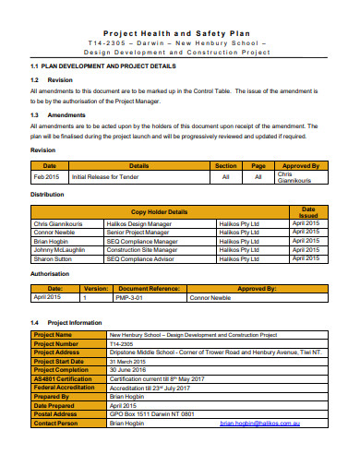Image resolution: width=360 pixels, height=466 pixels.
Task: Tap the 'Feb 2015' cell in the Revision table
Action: [46, 176]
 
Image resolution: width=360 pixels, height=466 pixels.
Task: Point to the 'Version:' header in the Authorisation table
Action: [96, 288]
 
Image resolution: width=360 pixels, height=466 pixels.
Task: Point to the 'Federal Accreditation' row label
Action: [63, 388]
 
